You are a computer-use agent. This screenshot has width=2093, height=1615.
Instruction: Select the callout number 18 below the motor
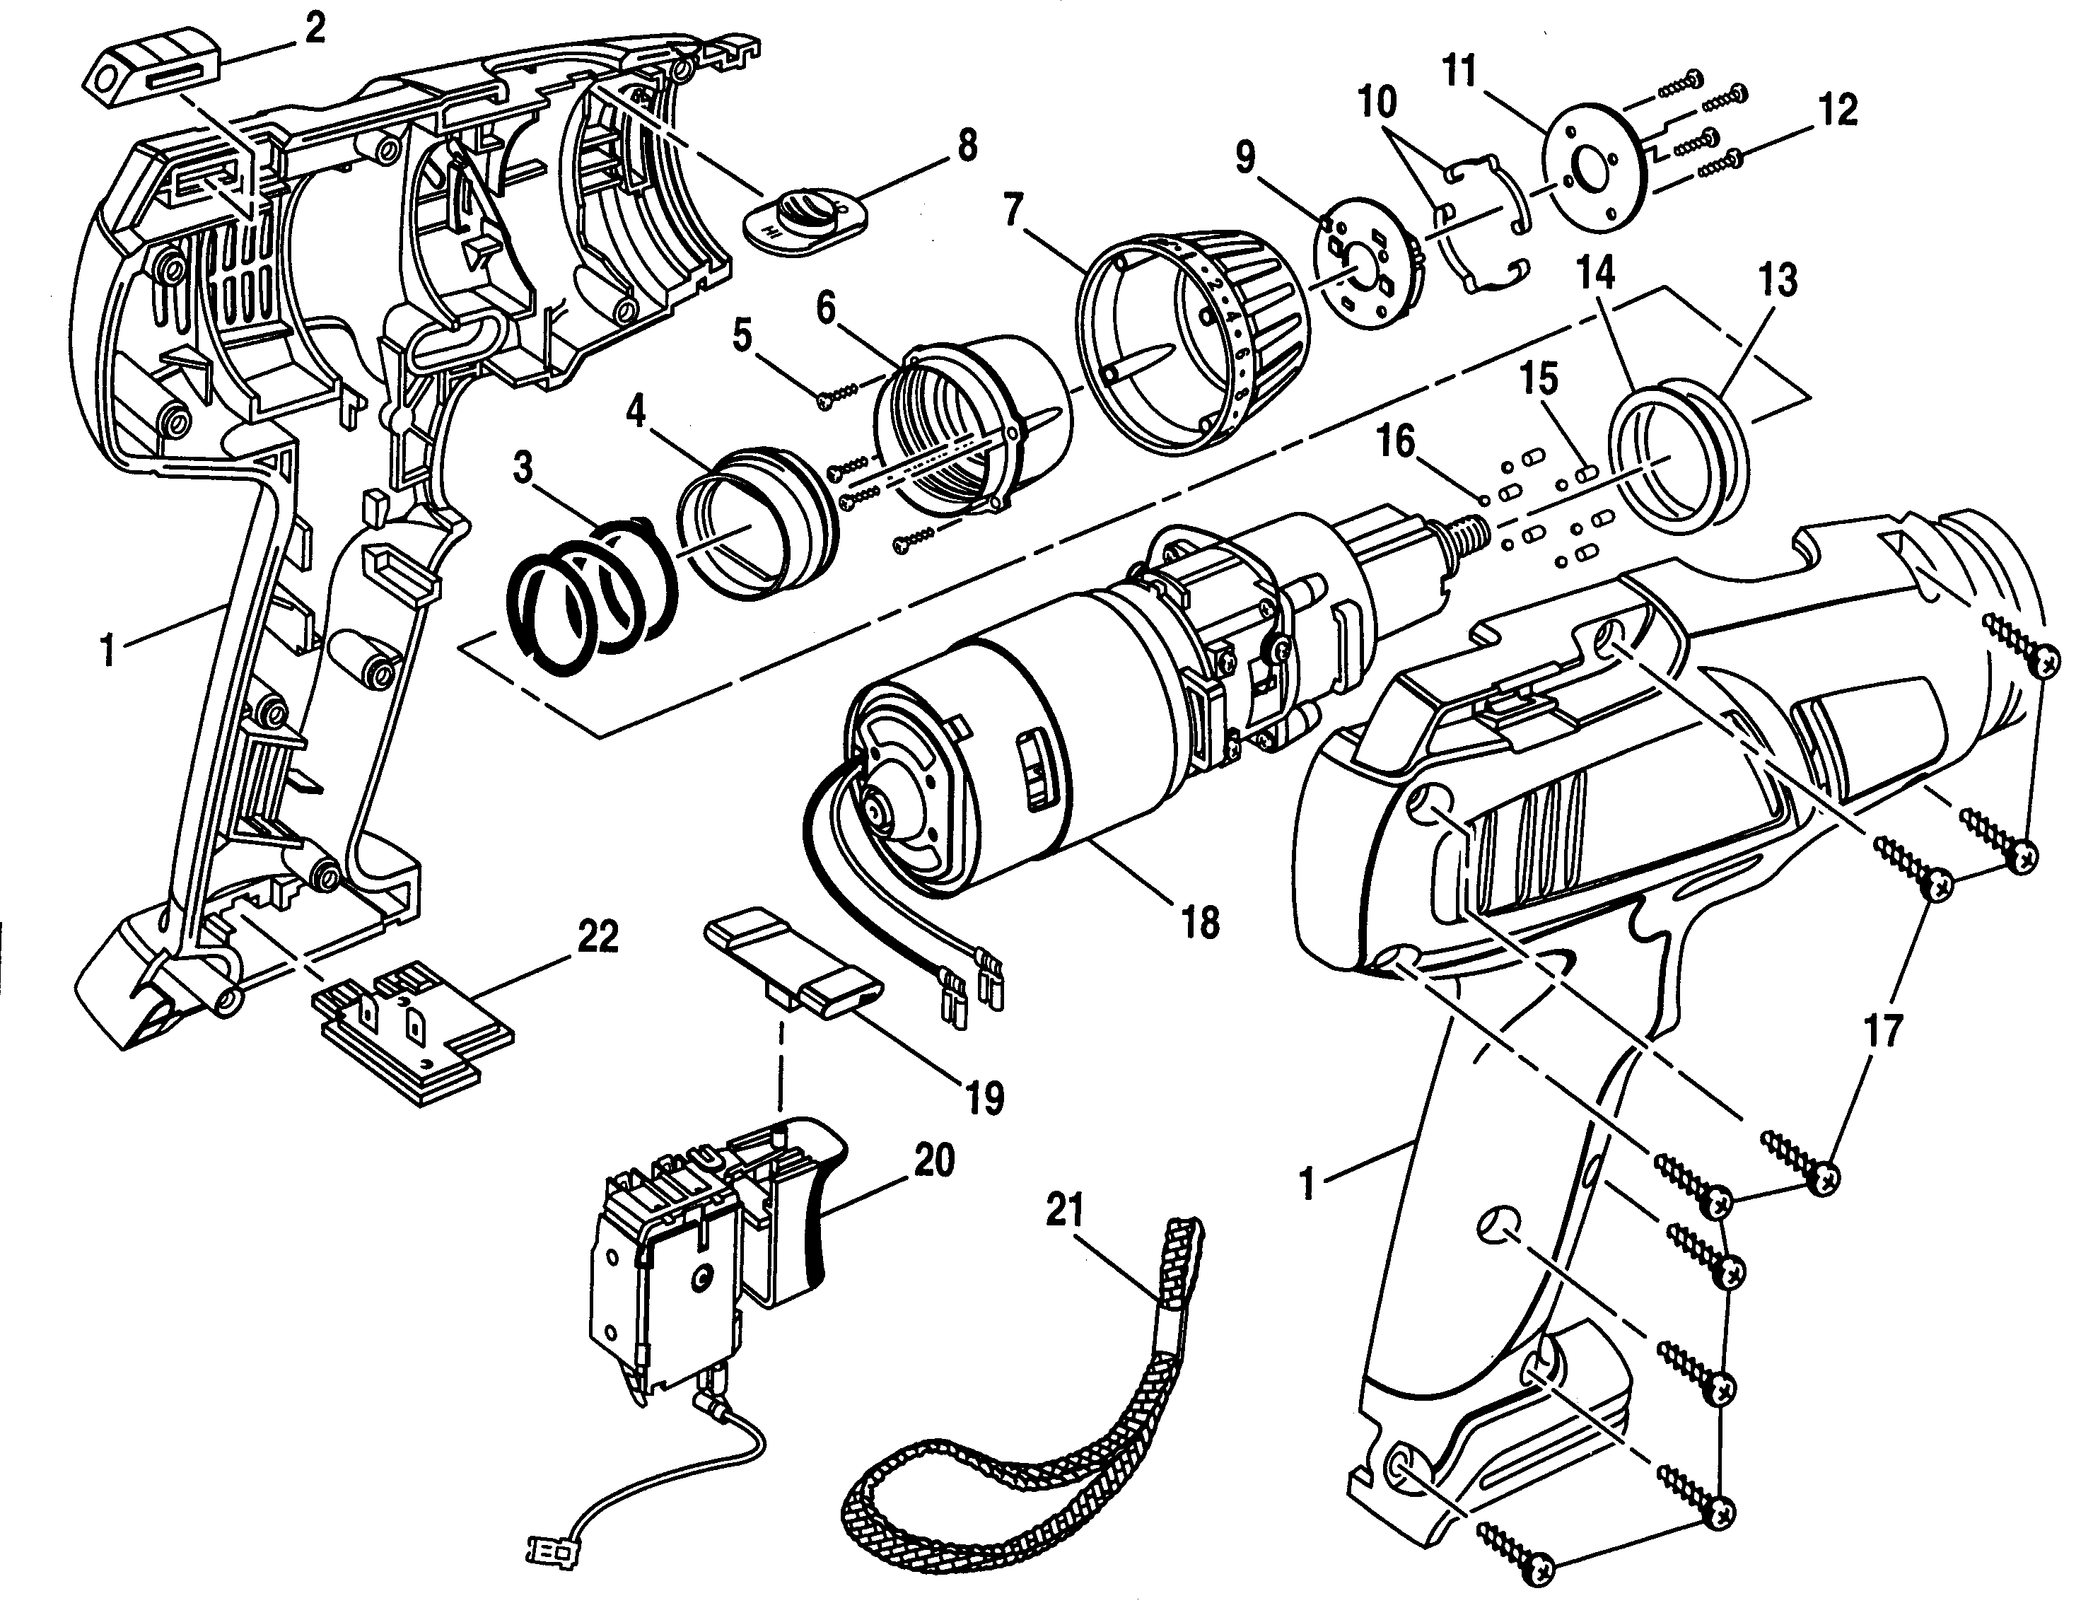(x=1200, y=922)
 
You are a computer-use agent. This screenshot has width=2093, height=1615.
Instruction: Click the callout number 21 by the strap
(x=1063, y=1211)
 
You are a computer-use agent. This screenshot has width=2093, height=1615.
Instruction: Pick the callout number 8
(x=967, y=146)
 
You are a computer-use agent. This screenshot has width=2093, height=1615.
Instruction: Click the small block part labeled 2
(x=153, y=76)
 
